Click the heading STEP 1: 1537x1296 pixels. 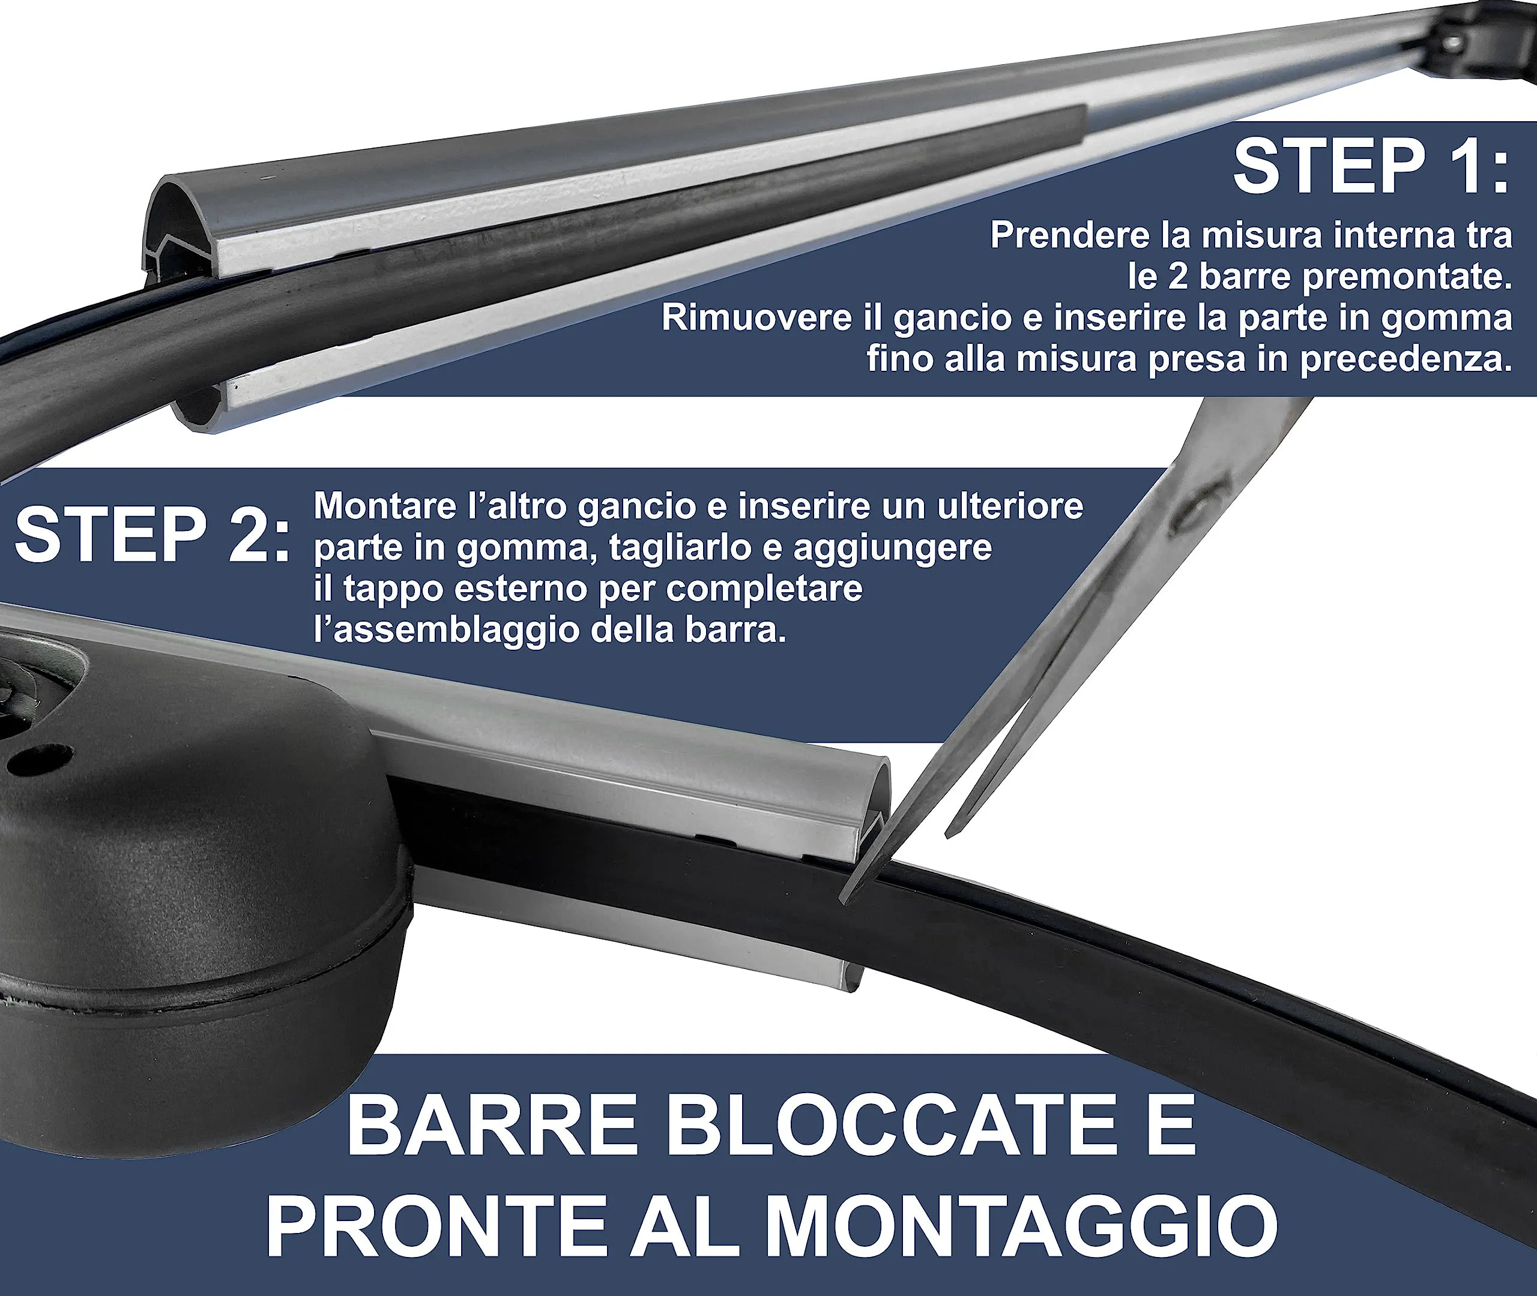[1371, 167]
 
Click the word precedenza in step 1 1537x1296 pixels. [1406, 361]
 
